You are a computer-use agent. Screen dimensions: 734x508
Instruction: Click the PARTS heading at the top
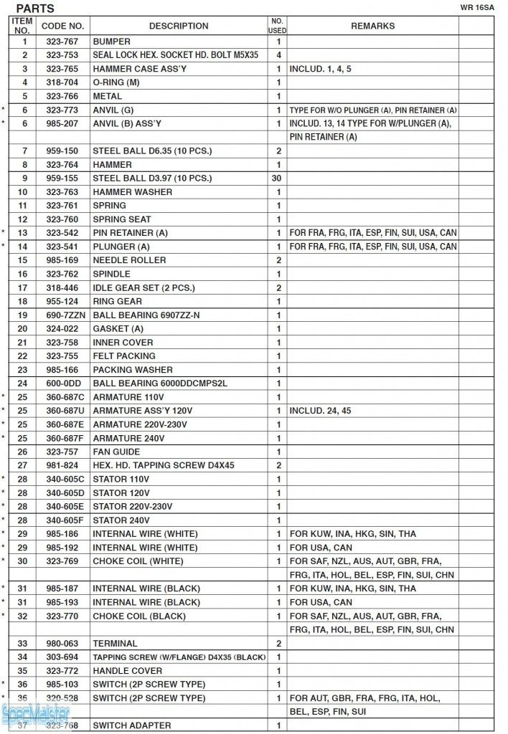(35, 9)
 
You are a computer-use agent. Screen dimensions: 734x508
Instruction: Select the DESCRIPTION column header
(179, 26)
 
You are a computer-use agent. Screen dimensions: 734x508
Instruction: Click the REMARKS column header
(372, 26)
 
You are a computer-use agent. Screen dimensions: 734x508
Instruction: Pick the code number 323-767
(62, 42)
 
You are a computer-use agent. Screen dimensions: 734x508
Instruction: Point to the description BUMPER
(111, 42)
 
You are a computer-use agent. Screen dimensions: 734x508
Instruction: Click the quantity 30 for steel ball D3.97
(277, 178)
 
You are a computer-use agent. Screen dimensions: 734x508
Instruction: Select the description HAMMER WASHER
(132, 192)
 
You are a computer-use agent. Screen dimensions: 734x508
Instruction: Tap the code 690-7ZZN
(62, 315)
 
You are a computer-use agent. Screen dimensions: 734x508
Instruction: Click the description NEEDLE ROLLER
(129, 260)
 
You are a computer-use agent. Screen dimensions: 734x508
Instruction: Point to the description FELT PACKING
(123, 356)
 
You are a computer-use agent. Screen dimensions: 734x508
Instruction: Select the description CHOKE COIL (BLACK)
(138, 616)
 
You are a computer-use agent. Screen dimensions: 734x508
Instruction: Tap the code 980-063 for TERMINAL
(62, 644)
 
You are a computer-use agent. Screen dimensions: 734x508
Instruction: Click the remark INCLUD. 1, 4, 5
(320, 69)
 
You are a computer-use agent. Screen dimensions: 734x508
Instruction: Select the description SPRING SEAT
(121, 219)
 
